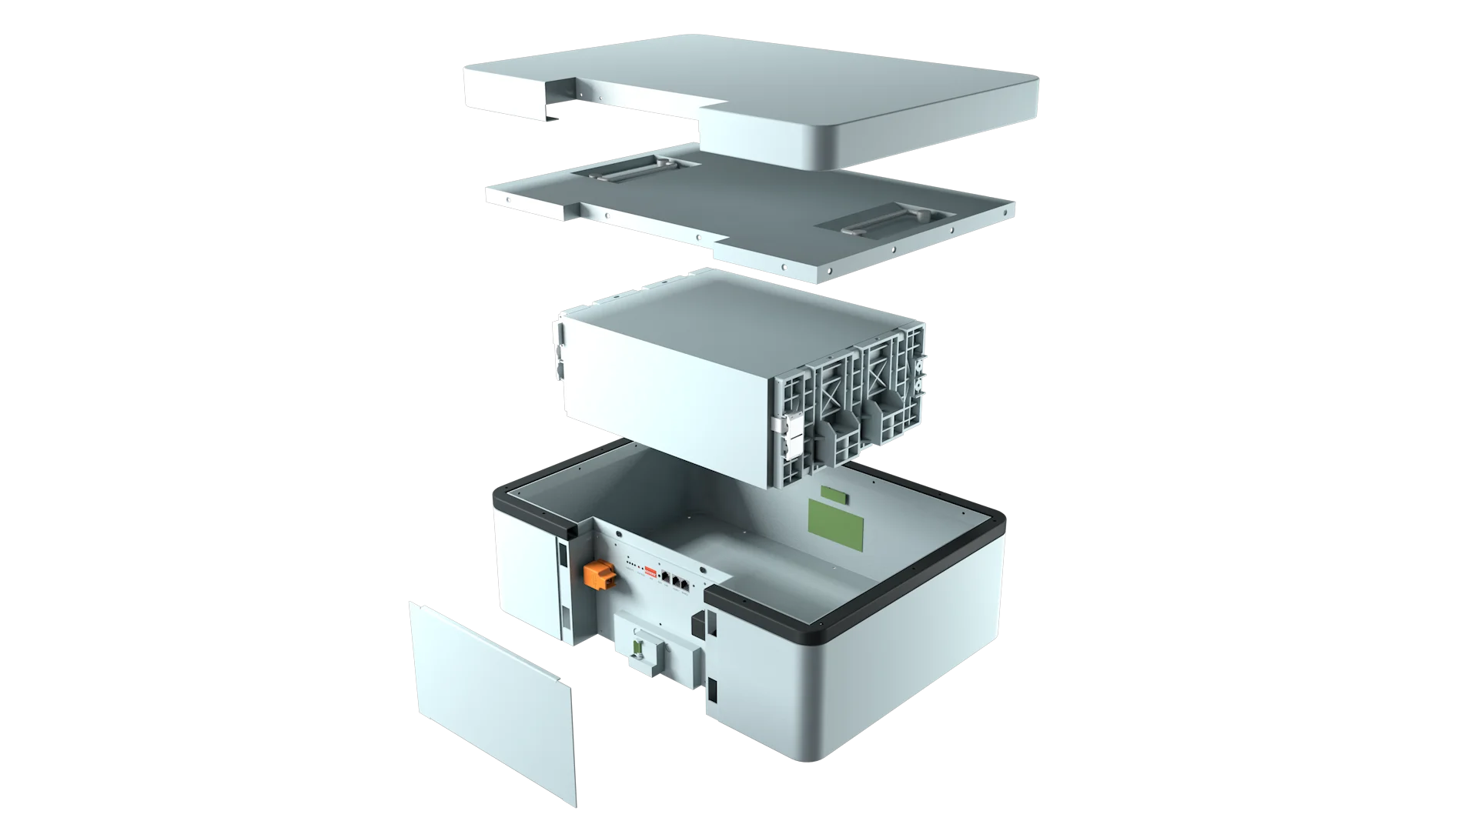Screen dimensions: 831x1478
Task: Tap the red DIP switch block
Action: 650,572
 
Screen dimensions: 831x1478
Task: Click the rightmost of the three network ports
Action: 685,585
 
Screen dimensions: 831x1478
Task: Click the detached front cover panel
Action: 493,700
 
